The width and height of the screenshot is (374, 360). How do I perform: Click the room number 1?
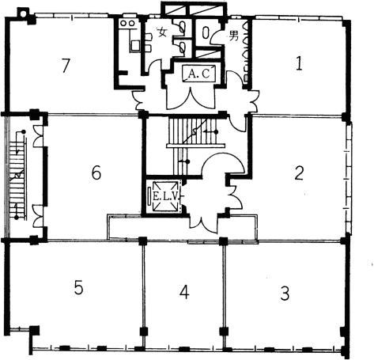point(299,64)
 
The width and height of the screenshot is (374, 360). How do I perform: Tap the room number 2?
point(299,173)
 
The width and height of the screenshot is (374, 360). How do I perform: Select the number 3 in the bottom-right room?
point(285,293)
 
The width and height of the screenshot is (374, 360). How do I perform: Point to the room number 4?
point(184,292)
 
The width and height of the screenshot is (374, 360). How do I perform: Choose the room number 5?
point(78,287)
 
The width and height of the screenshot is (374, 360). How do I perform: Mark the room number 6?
point(96,173)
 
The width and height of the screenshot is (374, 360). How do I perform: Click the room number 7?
point(66,66)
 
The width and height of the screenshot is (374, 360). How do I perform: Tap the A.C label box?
point(199,74)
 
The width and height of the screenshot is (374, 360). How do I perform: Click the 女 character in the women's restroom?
point(162,32)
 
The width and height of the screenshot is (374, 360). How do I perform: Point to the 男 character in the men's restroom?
point(233,36)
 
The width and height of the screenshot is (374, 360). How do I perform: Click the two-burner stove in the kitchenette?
point(127,24)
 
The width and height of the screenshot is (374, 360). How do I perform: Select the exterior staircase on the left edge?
point(18,175)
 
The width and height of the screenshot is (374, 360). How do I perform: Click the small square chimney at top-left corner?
point(22,12)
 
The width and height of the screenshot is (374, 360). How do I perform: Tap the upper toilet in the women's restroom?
point(182,27)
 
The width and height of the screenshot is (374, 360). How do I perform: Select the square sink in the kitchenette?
point(135,46)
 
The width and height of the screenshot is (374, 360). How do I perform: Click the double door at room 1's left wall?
point(253,100)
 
